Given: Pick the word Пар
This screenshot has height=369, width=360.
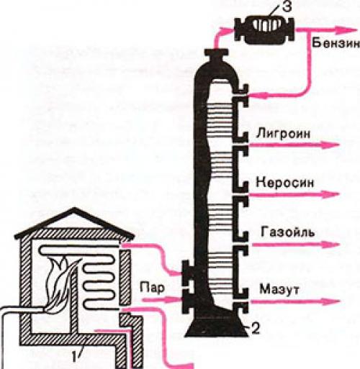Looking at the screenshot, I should click(x=149, y=288).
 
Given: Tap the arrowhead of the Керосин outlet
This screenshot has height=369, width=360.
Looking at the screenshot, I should click(x=335, y=194).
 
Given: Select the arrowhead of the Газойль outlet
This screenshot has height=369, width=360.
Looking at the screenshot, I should click(x=335, y=244).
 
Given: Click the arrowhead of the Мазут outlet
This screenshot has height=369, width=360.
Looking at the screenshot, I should click(x=335, y=301).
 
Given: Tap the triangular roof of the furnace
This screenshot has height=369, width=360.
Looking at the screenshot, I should click(x=72, y=219).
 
